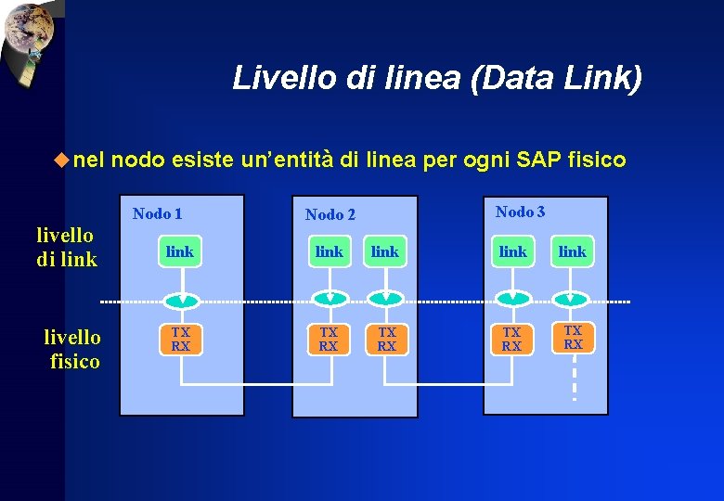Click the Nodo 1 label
click(x=157, y=214)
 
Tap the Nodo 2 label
click(x=330, y=215)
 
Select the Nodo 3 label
click(x=520, y=212)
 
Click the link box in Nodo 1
click(x=180, y=251)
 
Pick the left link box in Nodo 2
click(x=329, y=251)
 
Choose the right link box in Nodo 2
click(x=384, y=251)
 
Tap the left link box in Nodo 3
click(x=512, y=251)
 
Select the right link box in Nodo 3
click(x=573, y=251)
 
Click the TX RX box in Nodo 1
click(x=180, y=339)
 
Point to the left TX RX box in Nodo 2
click(x=329, y=339)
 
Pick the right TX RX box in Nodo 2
click(x=386, y=339)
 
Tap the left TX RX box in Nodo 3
click(x=511, y=339)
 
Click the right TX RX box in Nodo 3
click(x=573, y=337)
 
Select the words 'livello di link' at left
click(x=67, y=248)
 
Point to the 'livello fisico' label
click(x=73, y=349)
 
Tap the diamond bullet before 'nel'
click(x=61, y=160)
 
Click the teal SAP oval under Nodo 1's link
click(x=183, y=299)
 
